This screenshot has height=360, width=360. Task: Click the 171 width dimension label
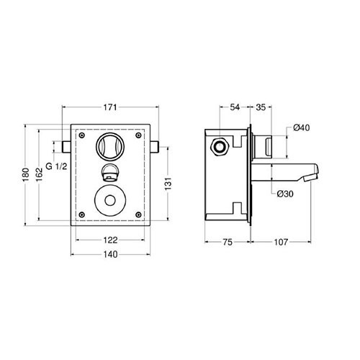(x=110, y=107)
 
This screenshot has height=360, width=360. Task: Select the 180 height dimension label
(x=25, y=174)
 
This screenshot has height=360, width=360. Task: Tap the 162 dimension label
(x=39, y=174)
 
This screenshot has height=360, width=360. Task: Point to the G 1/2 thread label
(x=56, y=166)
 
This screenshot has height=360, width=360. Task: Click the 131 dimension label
(x=168, y=184)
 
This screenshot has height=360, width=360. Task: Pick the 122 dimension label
(x=110, y=240)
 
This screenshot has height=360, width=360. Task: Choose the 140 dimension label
(x=110, y=254)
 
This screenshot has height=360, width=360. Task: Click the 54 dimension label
(x=235, y=107)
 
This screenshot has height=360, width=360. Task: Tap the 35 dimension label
(x=261, y=107)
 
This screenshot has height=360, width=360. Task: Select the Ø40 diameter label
(x=302, y=127)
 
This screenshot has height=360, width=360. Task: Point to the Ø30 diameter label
(x=285, y=194)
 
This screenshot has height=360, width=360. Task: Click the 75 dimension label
(x=228, y=242)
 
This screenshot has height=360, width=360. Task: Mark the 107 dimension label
(x=281, y=242)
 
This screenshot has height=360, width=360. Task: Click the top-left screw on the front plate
(x=82, y=135)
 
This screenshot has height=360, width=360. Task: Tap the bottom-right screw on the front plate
(x=138, y=215)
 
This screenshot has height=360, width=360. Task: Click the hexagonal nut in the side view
(x=220, y=147)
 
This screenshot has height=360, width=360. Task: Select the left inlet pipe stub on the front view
(x=66, y=147)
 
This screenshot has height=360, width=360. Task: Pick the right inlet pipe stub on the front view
(x=155, y=147)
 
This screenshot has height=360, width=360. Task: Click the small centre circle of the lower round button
(x=110, y=201)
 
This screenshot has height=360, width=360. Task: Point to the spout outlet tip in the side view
(x=310, y=178)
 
